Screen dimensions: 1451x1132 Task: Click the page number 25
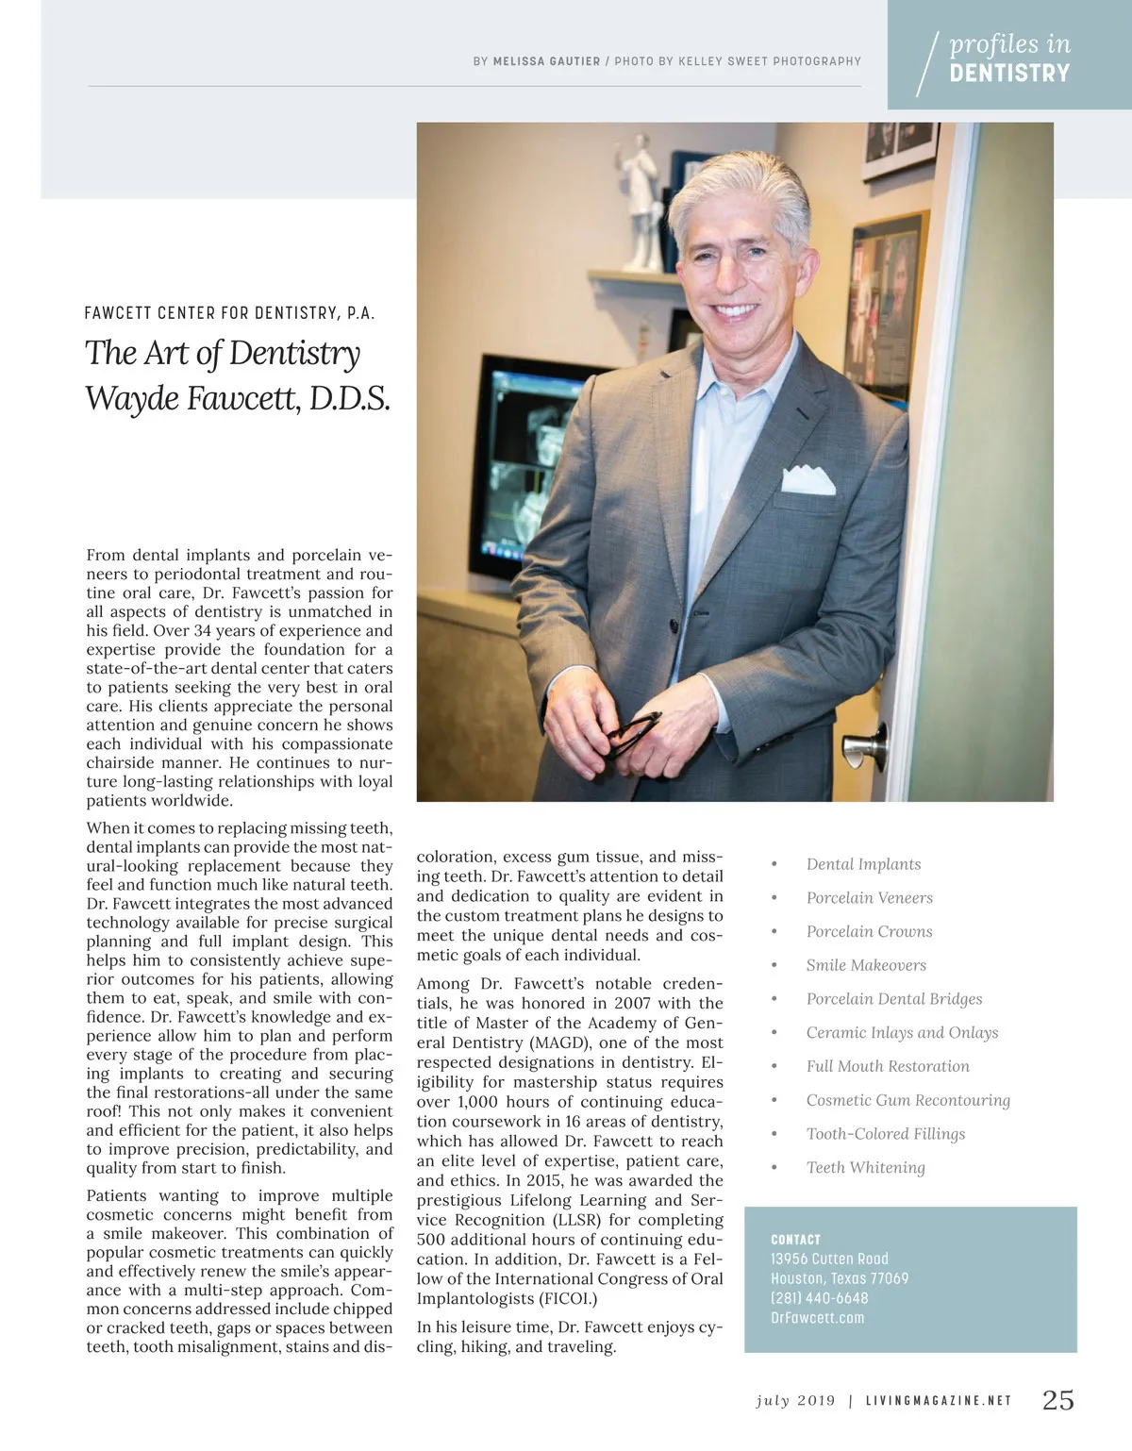(1057, 1400)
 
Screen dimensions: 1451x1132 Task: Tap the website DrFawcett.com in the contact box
(817, 1318)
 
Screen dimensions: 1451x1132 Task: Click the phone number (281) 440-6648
(819, 1298)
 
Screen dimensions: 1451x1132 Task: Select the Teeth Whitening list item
(865, 1168)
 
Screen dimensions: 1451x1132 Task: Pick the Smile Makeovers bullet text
(866, 965)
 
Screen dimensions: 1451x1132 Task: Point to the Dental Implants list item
(863, 864)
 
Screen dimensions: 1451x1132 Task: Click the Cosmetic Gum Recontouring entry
(907, 1100)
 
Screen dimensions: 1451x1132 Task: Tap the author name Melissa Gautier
(546, 61)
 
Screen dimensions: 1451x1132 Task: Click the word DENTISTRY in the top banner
(1009, 74)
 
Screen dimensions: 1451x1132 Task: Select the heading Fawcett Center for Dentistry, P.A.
(229, 313)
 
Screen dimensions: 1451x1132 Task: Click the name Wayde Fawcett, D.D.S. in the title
(238, 398)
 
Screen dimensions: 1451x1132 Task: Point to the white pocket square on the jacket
(807, 480)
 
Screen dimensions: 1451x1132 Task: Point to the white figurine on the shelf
(645, 203)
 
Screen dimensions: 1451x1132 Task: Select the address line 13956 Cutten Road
(829, 1259)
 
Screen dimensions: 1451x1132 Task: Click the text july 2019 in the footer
(795, 1401)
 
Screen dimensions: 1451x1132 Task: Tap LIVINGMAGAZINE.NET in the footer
(939, 1401)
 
